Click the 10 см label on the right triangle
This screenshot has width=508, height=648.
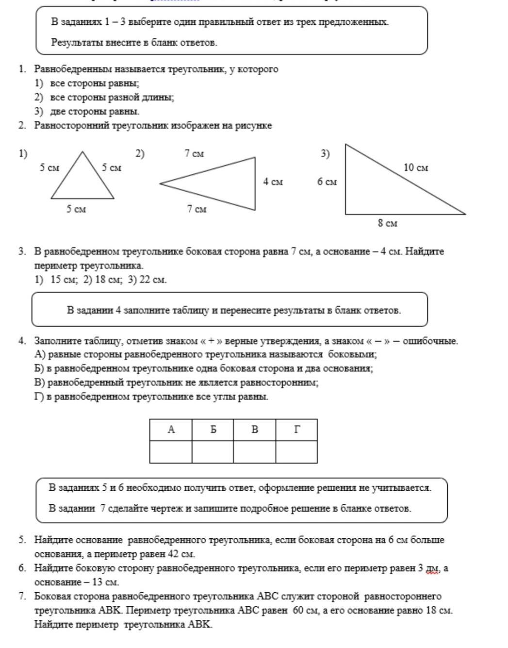click(x=416, y=168)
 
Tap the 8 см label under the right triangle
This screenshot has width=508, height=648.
click(x=387, y=223)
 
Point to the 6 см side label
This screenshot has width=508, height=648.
click(x=327, y=182)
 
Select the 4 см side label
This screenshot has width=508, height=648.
click(x=273, y=182)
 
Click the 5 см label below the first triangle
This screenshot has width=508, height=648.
click(x=76, y=209)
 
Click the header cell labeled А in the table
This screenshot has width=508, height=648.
click(x=171, y=430)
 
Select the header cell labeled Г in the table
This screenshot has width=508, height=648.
click(x=296, y=430)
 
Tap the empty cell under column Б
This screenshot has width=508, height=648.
click(x=213, y=451)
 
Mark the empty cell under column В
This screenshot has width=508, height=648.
click(x=254, y=451)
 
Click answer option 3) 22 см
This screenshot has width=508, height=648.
click(x=147, y=280)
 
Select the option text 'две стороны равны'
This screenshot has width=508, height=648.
click(x=95, y=112)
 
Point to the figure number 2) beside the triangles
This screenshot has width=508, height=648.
click(x=140, y=154)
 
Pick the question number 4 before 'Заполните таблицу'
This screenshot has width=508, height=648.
click(x=22, y=341)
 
